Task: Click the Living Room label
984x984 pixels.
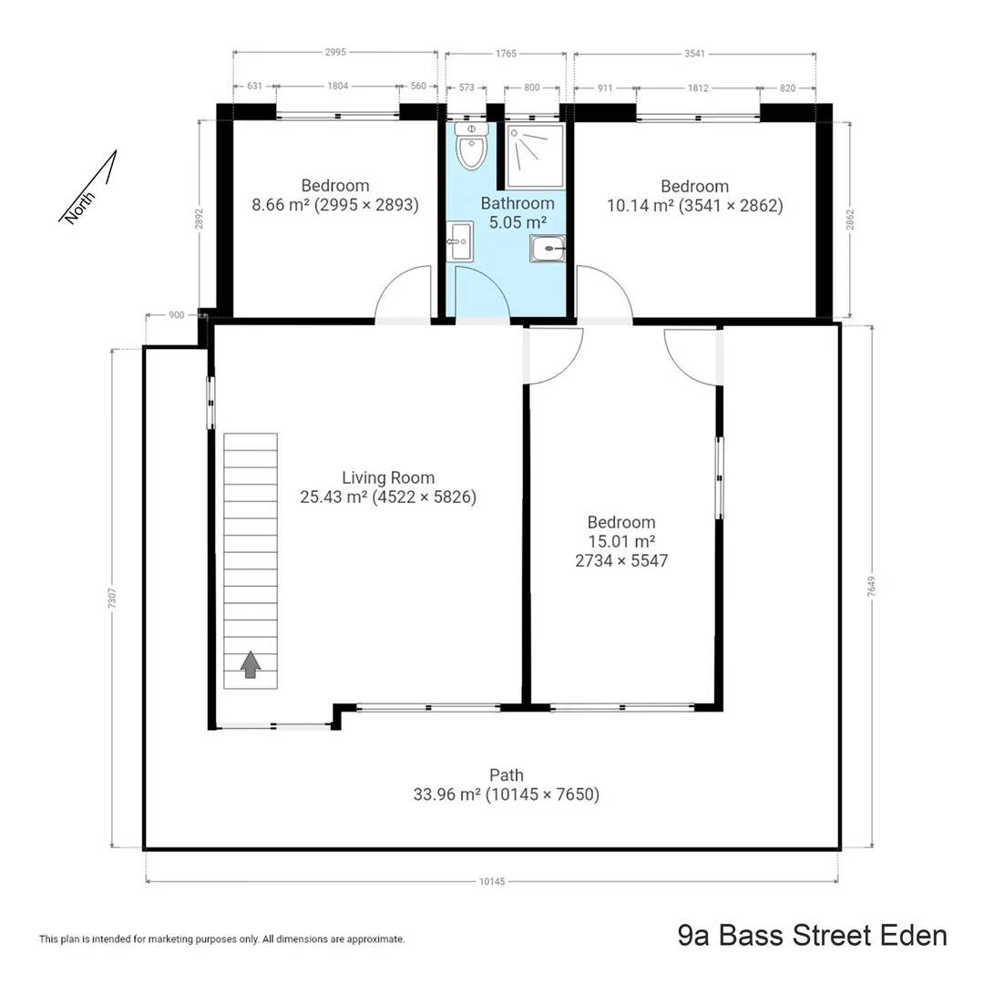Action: click(388, 477)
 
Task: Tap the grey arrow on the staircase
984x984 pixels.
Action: click(250, 665)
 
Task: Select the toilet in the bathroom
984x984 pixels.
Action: click(471, 148)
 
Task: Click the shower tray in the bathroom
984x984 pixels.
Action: click(535, 157)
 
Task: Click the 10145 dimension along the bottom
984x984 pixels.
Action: click(491, 881)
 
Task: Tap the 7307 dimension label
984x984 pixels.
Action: click(112, 598)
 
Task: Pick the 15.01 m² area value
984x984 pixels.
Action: click(621, 541)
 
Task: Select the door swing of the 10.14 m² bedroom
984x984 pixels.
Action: click(603, 293)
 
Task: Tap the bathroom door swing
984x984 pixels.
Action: click(482, 294)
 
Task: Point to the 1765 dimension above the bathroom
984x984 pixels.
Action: click(506, 54)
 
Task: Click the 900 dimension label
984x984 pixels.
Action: click(177, 314)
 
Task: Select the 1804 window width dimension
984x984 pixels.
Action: click(337, 87)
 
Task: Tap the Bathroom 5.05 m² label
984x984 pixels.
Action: click(518, 212)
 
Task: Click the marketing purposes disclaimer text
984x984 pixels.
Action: click(221, 938)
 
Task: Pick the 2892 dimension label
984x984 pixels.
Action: click(200, 220)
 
